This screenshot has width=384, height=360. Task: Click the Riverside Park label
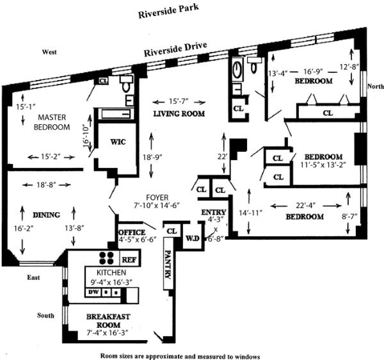point(168,12)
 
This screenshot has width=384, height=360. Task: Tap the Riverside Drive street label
point(175,49)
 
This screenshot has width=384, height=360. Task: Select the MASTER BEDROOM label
point(52,122)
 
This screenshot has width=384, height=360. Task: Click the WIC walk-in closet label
point(118,142)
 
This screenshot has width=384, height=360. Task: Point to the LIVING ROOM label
point(179,114)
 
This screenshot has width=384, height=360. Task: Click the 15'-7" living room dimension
point(179,101)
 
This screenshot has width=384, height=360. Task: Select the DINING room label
point(47,215)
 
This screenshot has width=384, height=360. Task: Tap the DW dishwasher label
point(93,292)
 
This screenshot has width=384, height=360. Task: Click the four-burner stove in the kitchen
point(106,258)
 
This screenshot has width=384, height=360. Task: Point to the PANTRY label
point(168,264)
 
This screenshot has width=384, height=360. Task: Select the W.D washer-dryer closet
point(193,238)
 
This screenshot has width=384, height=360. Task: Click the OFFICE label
point(132,233)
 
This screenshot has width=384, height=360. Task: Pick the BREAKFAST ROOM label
point(108,321)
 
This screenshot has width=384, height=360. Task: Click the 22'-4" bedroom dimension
point(306,206)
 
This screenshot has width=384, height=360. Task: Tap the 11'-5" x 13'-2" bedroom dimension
point(323,165)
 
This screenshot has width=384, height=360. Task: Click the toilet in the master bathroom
point(127,84)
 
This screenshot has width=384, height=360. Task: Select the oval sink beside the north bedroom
point(237,69)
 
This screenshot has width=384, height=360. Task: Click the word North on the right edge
point(376,86)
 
